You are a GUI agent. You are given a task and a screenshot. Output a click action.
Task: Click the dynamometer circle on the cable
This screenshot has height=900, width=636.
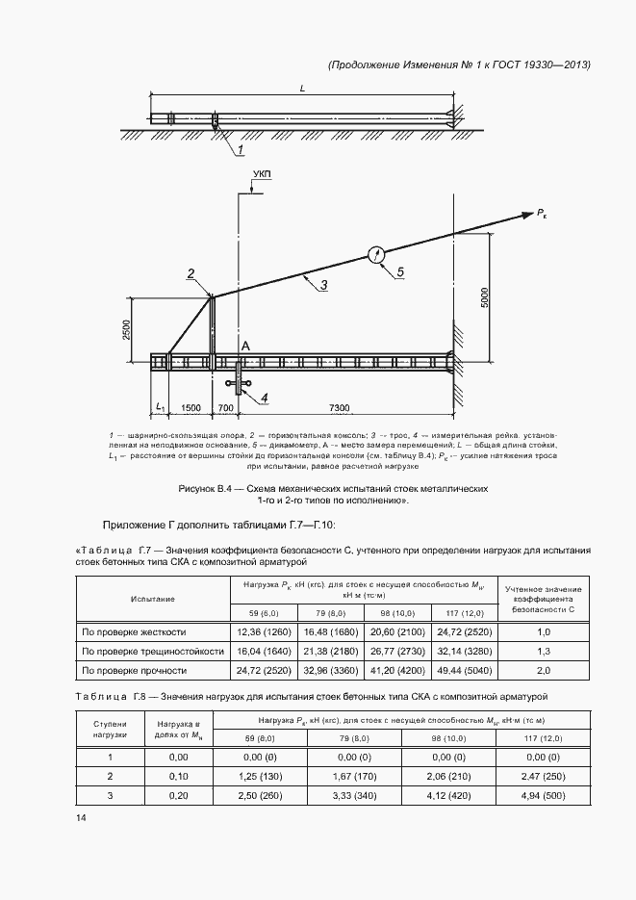376,254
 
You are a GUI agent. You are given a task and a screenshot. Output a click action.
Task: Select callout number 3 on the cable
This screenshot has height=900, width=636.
324,284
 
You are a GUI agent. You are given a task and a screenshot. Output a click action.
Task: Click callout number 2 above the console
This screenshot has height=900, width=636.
191,274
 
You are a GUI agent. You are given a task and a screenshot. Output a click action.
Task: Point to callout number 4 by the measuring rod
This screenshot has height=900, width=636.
264,397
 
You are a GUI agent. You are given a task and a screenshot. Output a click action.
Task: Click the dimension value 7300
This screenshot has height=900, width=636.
339,409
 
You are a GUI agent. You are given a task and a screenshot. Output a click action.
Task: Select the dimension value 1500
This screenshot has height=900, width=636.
191,409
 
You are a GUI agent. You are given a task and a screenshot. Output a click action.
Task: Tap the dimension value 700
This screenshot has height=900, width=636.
225,409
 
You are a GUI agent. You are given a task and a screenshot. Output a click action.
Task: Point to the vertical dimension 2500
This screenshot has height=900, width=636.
126,330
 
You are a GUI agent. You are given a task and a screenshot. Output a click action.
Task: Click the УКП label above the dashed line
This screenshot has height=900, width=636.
262,175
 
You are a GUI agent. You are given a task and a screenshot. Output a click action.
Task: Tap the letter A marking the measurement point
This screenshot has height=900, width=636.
244,346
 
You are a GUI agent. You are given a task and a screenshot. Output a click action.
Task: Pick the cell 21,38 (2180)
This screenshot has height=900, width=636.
325,651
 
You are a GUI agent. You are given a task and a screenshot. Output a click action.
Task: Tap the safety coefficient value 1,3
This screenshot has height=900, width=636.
544,651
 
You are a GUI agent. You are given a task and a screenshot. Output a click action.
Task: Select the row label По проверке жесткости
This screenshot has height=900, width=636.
134,632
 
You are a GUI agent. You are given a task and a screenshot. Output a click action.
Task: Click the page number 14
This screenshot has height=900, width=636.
80,817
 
